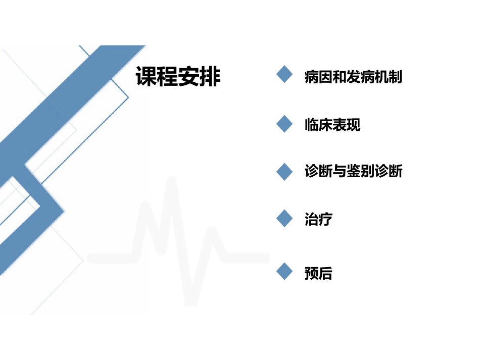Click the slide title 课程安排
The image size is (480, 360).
[178, 77]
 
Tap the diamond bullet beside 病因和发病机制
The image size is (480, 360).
[285, 75]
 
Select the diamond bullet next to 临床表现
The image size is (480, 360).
[285, 124]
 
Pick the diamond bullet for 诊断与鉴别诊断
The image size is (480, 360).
[285, 171]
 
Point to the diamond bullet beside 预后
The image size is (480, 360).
[285, 272]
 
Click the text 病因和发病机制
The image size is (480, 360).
[353, 77]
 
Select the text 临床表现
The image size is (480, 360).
[332, 125]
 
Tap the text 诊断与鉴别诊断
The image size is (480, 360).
[353, 172]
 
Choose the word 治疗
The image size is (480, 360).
[318, 220]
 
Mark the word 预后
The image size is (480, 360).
[318, 274]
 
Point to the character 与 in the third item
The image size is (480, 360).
[340, 172]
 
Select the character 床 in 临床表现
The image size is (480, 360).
[325, 125]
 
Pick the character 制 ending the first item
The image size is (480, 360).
[396, 77]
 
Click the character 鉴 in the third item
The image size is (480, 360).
[354, 172]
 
